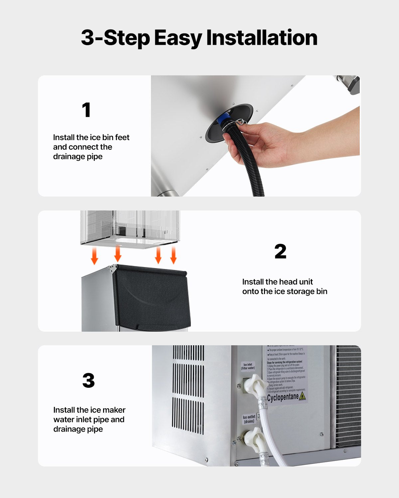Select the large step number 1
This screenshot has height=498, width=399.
coord(86,110)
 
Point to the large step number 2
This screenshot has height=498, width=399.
coord(280,251)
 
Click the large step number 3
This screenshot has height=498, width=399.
coord(88,380)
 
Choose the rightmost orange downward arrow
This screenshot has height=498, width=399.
coord(173,255)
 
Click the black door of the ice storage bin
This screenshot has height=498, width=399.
coord(151,297)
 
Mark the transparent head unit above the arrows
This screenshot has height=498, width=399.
coord(130,227)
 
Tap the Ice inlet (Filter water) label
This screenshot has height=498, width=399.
coord(248,366)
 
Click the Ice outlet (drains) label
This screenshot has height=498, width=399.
coord(249,419)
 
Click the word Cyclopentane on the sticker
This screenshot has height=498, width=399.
coord(283,397)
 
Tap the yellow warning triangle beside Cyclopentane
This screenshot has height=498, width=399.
coord(302,396)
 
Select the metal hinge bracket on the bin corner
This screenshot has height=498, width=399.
coord(114,268)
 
